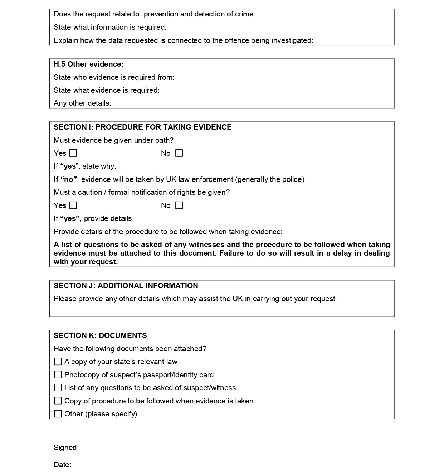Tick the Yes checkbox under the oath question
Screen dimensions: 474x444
tap(73, 153)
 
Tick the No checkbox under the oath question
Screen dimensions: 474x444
tap(179, 153)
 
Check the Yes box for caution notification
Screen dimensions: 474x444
tap(73, 205)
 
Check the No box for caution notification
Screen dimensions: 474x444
tap(179, 205)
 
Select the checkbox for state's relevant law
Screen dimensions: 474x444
tap(58, 362)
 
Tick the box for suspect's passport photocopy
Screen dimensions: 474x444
tap(58, 375)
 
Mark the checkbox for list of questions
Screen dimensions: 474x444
tap(58, 388)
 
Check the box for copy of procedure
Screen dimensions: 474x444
tap(58, 401)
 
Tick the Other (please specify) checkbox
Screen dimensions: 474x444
tap(58, 414)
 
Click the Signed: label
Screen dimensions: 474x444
tap(66, 448)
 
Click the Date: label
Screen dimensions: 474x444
tap(63, 465)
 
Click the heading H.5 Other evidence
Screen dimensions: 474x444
tap(88, 64)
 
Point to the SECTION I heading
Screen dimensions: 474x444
tap(142, 127)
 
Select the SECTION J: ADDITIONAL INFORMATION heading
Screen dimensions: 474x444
tap(126, 286)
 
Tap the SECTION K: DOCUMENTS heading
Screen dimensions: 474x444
tap(100, 335)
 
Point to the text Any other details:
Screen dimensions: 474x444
tap(82, 103)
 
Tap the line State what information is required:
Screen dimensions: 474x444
tap(110, 27)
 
